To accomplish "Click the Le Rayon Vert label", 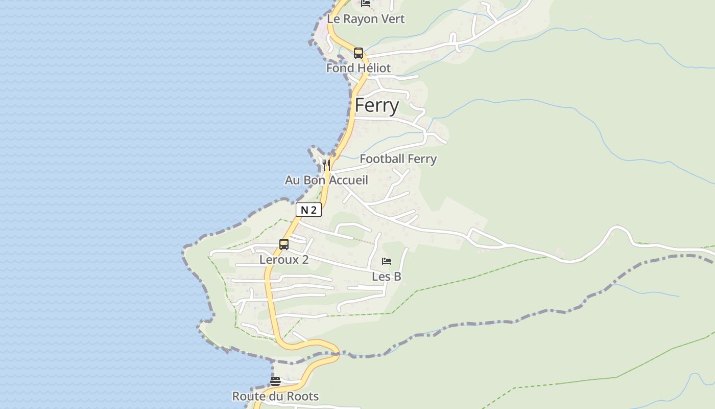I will [366, 19].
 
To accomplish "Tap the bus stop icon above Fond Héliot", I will [359, 53].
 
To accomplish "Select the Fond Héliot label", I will [359, 68].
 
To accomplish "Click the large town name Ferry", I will [377, 105].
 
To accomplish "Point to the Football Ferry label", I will [398, 159].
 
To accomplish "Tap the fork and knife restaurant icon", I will [326, 165].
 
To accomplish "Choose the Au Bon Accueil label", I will [326, 180].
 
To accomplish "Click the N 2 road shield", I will [308, 210].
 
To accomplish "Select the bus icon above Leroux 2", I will [284, 244].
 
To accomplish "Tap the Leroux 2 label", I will [284, 260].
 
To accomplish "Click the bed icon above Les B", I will [387, 261].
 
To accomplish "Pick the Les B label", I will [387, 277].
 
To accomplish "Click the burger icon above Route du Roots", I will [275, 381].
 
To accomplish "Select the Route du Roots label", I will [275, 396].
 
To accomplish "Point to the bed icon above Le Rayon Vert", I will [366, 3].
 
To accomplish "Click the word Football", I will [379, 159].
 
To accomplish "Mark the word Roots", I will [303, 396].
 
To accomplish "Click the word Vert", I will [393, 19].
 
